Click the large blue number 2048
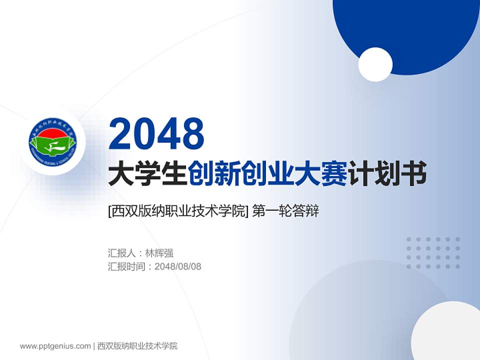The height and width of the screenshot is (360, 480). (157, 132)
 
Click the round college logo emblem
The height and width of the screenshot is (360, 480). (52, 142)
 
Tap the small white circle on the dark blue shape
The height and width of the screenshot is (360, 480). (375, 64)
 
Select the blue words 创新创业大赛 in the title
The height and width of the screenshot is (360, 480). (268, 175)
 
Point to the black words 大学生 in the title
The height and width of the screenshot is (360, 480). (148, 175)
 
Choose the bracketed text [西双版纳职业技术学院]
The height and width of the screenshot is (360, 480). (178, 211)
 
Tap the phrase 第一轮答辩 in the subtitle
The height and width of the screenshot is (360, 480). (285, 211)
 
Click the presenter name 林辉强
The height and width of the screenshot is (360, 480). (159, 253)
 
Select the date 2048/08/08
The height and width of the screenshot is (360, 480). (178, 266)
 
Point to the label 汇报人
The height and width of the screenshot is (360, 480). (121, 253)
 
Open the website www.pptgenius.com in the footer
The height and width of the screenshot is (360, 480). (55, 346)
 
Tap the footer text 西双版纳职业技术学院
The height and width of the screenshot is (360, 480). (137, 346)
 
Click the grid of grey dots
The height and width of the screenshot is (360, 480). (433, 253)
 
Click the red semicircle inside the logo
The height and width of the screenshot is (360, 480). (52, 133)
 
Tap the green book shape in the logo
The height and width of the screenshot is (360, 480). (53, 146)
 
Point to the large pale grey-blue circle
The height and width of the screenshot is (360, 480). (350, 310)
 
